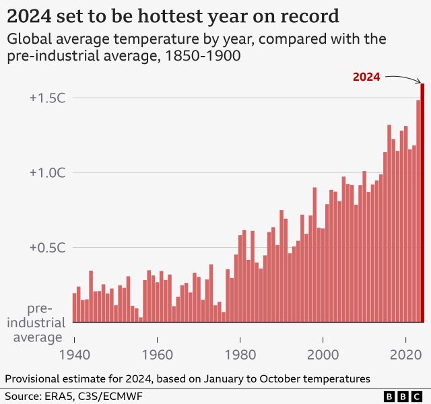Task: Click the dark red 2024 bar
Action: click(x=422, y=202)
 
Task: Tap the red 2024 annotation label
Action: click(x=366, y=77)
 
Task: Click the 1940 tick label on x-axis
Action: click(x=74, y=354)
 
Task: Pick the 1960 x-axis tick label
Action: click(x=157, y=354)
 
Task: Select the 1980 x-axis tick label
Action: click(x=240, y=354)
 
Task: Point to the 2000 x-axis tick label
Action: click(x=323, y=354)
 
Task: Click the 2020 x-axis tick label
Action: click(x=405, y=354)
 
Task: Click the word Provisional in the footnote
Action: click(x=33, y=378)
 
